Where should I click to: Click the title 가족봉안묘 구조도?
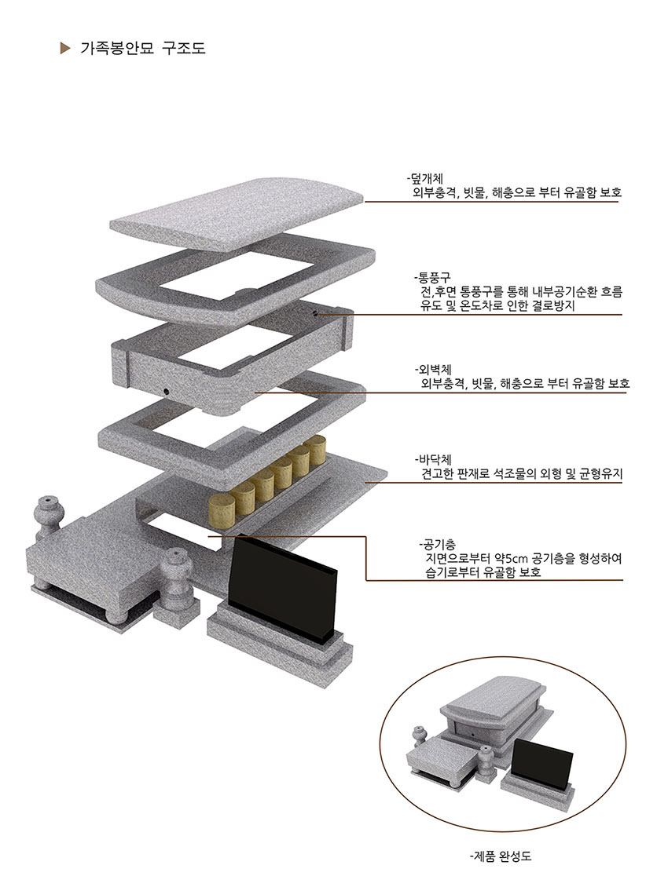[x=143, y=49]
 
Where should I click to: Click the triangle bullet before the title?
[x=65, y=49]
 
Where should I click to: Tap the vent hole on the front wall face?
[x=166, y=390]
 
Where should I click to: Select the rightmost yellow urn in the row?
[x=314, y=451]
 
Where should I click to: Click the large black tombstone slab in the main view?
[x=283, y=585]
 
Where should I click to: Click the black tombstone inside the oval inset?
[x=542, y=768]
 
